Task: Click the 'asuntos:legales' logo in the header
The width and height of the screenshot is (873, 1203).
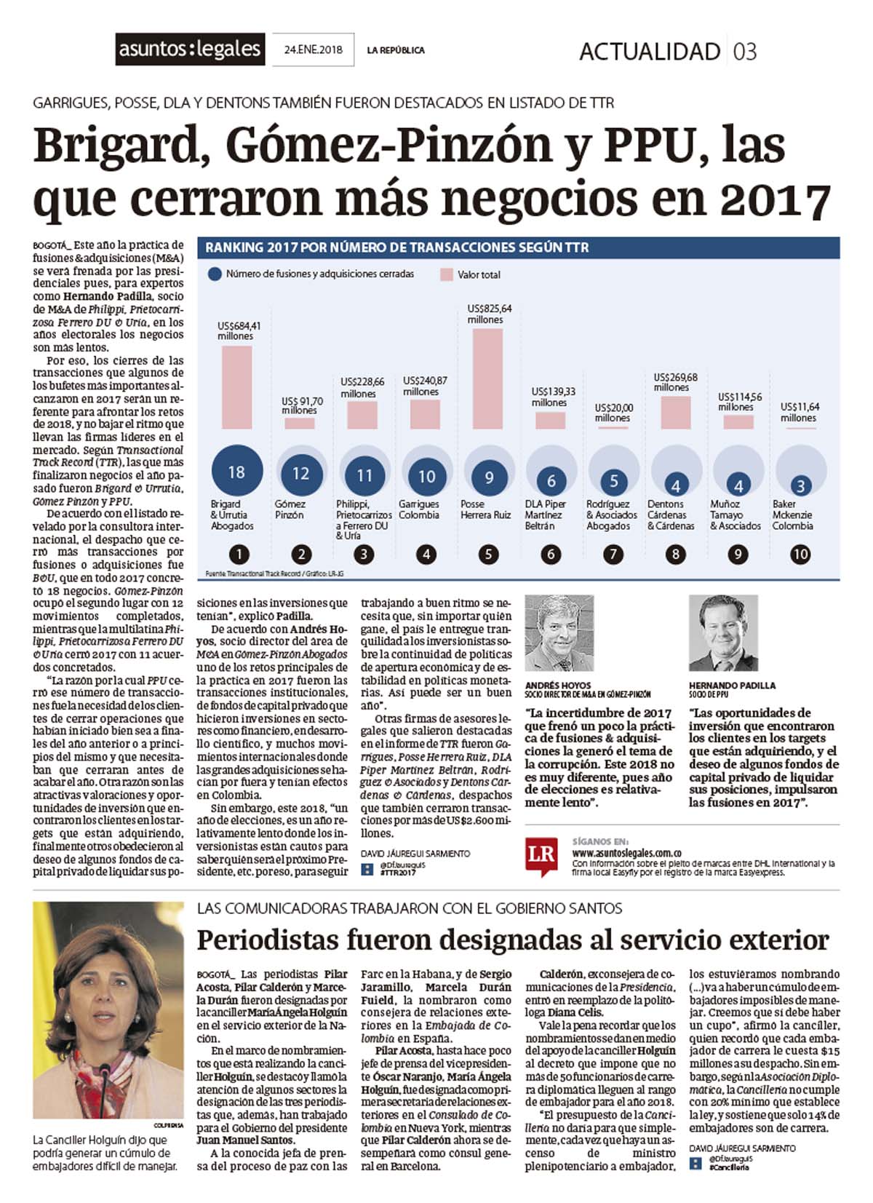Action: coord(190,49)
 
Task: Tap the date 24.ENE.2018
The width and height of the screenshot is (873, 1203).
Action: coord(313,50)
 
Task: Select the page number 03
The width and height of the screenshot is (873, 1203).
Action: coord(745,52)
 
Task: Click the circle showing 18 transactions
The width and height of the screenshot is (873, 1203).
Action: coord(236,472)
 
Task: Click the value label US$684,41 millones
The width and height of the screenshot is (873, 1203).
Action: coord(239,331)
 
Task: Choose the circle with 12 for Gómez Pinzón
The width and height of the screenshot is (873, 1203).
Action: coord(300,473)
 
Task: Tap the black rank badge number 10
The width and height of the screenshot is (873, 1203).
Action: coord(800,554)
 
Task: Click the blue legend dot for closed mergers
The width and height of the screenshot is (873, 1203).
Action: coord(214,274)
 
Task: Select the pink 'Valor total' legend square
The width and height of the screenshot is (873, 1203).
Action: coord(446,275)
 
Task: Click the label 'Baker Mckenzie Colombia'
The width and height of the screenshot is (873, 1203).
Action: coord(792,515)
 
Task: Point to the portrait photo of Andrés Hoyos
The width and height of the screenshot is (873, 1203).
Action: coord(559,633)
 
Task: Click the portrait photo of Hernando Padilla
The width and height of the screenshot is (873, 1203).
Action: coord(723,633)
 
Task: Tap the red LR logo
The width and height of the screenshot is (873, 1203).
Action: coord(541,855)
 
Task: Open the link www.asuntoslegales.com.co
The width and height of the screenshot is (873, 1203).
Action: coord(626,853)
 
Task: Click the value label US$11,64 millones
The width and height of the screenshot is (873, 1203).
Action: coord(800,412)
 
